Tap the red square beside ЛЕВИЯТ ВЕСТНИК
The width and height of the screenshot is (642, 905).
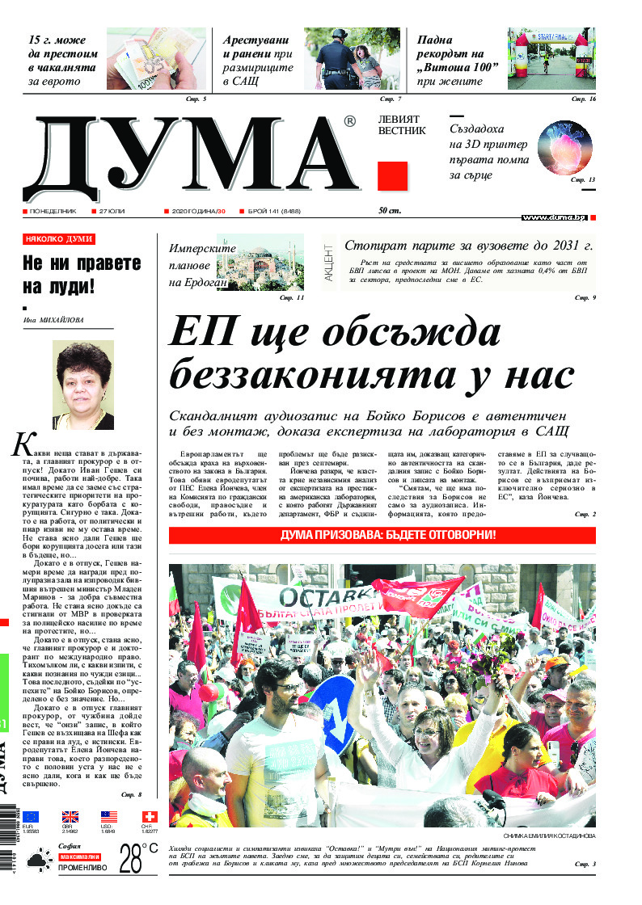point(392,176)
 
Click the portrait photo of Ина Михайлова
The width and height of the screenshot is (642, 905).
point(82,385)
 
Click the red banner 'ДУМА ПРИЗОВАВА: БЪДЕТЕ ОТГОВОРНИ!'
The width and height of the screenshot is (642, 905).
point(382,536)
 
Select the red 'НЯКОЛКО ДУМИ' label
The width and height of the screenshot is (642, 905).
point(59,239)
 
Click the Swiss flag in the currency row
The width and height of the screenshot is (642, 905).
point(149,817)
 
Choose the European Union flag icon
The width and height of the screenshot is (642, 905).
point(31,817)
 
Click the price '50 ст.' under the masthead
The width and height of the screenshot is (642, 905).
point(390,211)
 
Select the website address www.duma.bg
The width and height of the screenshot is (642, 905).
point(554,217)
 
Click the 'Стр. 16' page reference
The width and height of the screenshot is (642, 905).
point(584,99)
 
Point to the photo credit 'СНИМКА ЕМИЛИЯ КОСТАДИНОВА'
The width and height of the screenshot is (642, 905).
point(548,836)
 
